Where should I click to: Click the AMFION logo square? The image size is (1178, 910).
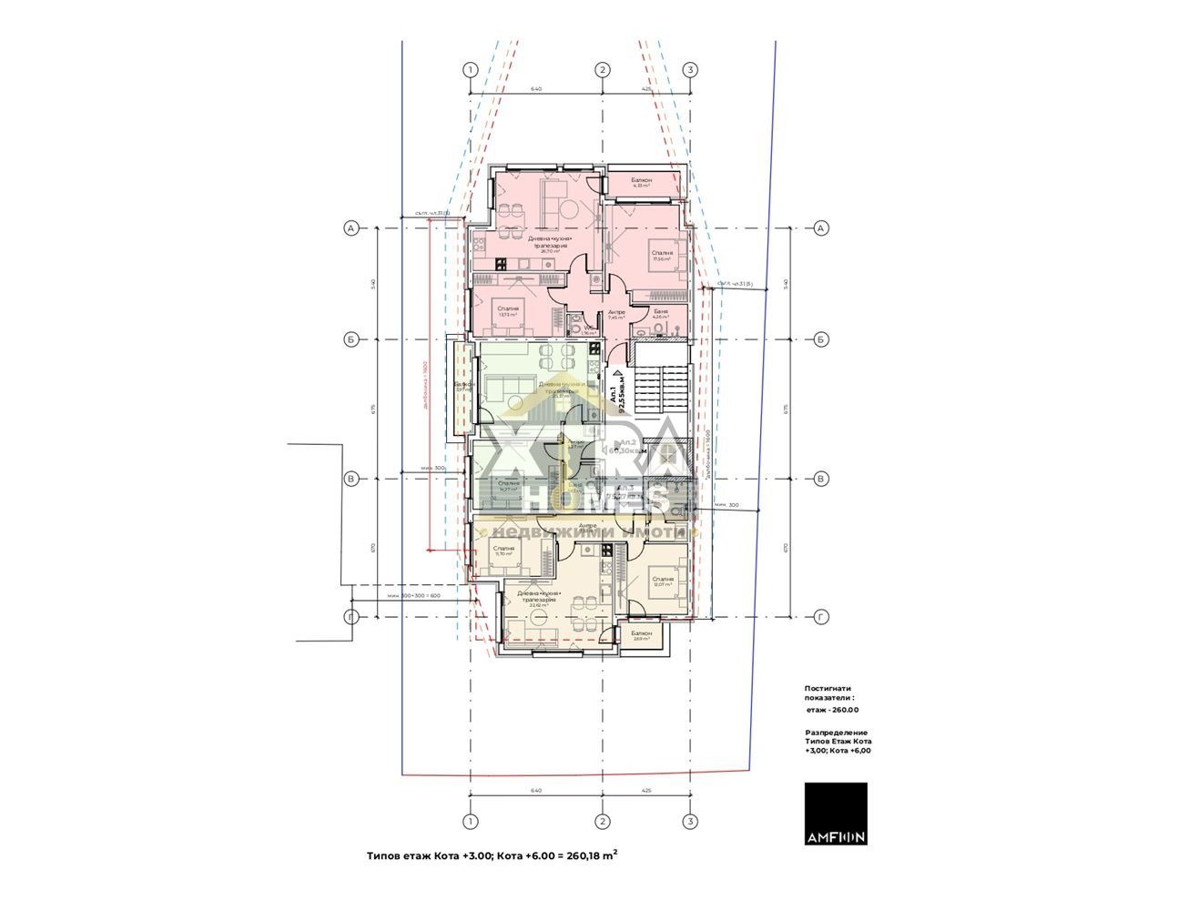[836, 814]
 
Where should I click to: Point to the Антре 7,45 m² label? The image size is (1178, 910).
[616, 315]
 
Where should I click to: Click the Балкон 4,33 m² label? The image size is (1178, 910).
[642, 183]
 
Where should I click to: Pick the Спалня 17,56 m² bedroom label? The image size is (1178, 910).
[661, 255]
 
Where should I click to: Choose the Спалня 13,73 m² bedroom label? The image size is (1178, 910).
[508, 311]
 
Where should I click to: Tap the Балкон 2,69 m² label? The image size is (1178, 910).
[641, 635]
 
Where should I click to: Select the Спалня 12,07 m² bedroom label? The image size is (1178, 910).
[662, 581]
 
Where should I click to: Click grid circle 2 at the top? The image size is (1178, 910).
[601, 70]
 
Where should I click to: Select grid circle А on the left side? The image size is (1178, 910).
[350, 228]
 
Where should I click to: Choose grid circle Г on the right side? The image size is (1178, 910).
[820, 617]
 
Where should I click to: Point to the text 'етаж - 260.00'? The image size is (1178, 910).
[832, 710]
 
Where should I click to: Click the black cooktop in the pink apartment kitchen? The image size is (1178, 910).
[501, 264]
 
